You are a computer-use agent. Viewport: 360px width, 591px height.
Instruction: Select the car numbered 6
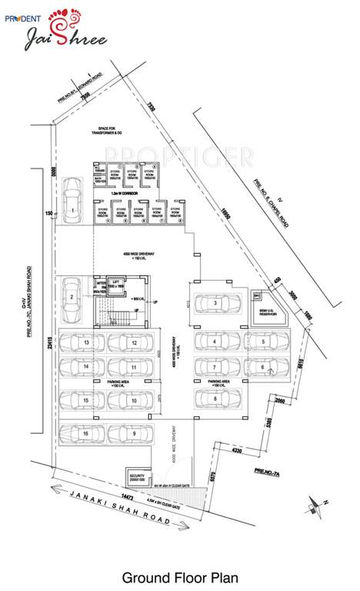click(262, 368)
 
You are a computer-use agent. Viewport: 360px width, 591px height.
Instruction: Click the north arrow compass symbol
click(315, 503)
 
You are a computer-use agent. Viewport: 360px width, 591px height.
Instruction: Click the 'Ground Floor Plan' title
click(179, 576)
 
